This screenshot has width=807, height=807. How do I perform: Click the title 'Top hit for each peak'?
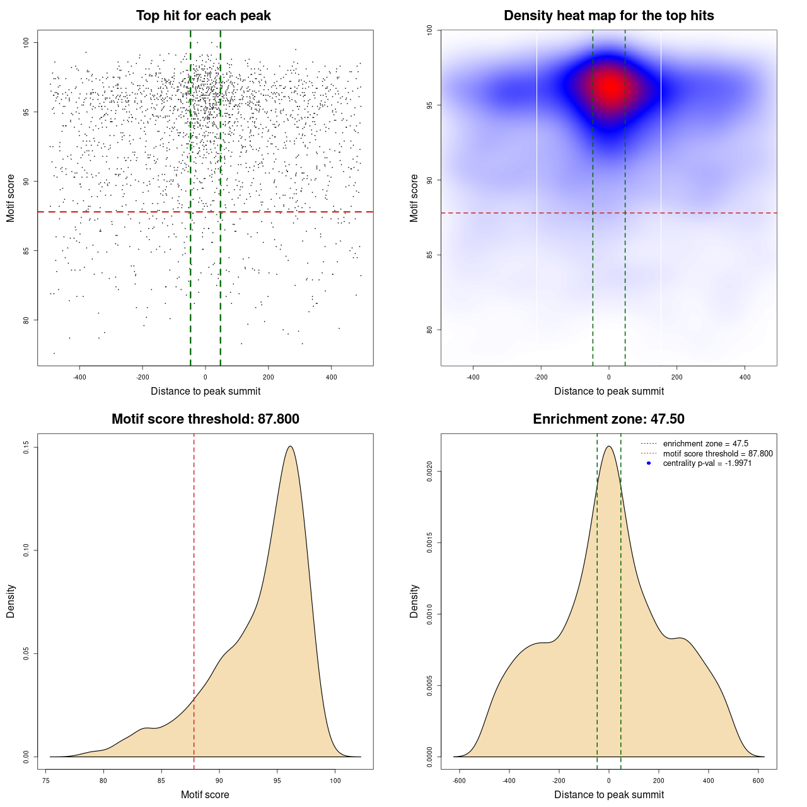[204, 16]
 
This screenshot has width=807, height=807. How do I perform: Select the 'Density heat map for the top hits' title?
[609, 16]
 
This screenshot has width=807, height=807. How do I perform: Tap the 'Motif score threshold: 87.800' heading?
[206, 419]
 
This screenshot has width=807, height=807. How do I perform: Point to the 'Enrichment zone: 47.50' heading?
[609, 419]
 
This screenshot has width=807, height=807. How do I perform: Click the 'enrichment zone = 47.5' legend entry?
[705, 444]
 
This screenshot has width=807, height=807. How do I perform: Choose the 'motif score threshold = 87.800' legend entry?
[717, 454]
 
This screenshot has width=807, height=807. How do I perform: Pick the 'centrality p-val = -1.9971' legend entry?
[707, 463]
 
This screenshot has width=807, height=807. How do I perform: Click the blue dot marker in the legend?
[649, 463]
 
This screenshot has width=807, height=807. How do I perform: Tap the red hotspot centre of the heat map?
[610, 87]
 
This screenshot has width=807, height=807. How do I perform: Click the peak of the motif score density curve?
[290, 446]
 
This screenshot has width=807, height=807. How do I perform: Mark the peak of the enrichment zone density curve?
[609, 446]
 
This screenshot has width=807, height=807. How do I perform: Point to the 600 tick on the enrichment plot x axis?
[758, 781]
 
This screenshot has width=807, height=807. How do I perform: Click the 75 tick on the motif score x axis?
[46, 781]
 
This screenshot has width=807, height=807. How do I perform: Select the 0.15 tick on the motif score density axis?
[26, 448]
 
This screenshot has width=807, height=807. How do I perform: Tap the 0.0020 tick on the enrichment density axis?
[429, 472]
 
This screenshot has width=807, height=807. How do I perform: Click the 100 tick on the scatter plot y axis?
[26, 42]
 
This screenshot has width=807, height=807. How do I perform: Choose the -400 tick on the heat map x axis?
[473, 377]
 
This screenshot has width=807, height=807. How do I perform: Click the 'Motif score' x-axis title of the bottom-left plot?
[205, 795]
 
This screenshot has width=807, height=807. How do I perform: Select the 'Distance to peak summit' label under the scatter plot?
[206, 392]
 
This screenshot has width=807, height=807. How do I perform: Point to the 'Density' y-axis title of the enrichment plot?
[414, 601]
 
